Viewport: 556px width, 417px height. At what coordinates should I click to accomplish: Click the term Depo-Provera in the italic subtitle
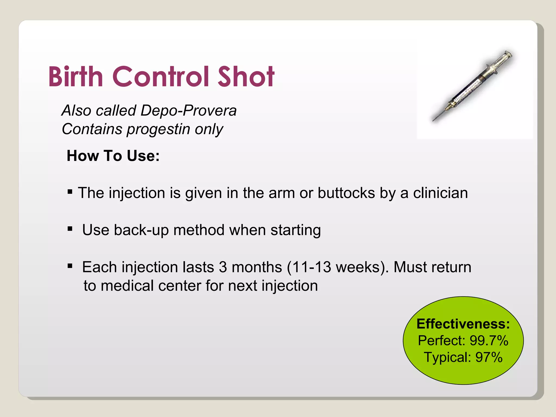[188, 111]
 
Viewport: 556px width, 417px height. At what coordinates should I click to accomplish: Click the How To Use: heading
[113, 156]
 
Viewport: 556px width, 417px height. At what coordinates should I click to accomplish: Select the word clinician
[440, 193]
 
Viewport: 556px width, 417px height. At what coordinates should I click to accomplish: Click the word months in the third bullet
[257, 267]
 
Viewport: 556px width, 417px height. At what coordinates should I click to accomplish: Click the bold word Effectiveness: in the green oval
[463, 324]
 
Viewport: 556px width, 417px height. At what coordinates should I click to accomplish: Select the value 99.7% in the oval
[489, 340]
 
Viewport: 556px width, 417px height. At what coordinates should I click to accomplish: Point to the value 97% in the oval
[489, 357]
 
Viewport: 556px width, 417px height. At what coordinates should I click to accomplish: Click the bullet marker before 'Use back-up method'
[70, 229]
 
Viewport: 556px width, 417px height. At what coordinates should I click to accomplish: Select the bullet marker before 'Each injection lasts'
[70, 266]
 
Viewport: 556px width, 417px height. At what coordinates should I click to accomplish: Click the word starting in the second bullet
[296, 230]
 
